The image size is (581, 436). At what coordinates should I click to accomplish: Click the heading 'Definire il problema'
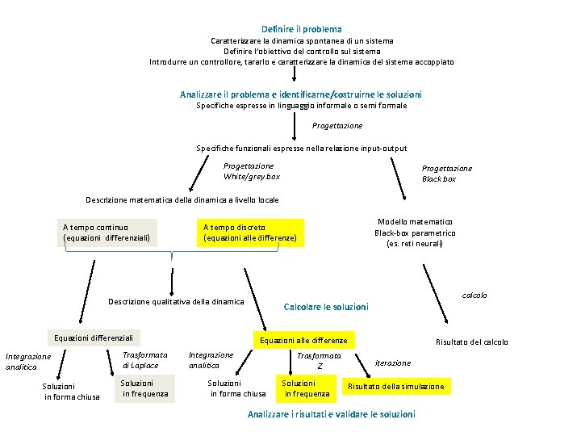(x=301, y=29)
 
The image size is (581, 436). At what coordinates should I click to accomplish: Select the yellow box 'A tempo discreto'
(x=250, y=233)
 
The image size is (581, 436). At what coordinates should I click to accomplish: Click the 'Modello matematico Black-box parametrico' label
(x=414, y=233)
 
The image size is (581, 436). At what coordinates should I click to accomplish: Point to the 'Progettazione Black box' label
(x=447, y=174)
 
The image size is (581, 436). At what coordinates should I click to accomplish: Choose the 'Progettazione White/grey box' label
(x=251, y=171)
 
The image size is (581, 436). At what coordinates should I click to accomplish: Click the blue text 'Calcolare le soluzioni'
(x=326, y=307)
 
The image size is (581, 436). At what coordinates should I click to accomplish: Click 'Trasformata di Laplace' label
(x=144, y=360)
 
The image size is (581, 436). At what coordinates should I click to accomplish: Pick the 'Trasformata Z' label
(x=319, y=361)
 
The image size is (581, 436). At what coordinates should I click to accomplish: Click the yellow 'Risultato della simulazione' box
(x=395, y=387)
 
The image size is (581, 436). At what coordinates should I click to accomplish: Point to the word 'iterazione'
(x=393, y=363)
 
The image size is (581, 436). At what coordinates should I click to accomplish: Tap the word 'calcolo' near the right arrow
(x=474, y=295)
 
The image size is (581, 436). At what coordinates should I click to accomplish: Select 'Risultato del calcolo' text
(x=472, y=342)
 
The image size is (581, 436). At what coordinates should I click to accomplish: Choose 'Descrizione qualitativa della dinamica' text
(x=176, y=302)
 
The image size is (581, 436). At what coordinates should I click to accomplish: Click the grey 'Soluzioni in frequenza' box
(x=144, y=388)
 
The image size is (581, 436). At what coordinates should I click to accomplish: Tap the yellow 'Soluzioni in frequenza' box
(x=307, y=388)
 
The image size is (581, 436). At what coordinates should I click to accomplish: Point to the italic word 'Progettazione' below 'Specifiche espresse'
(x=337, y=126)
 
